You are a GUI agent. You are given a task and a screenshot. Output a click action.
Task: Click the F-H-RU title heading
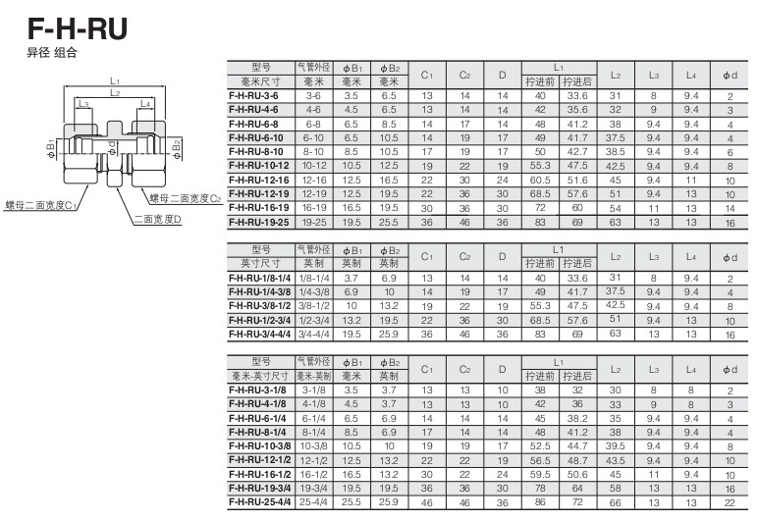click(78, 28)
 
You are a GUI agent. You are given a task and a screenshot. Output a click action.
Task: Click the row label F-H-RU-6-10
click(256, 138)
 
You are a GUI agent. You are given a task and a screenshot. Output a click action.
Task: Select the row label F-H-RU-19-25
click(259, 223)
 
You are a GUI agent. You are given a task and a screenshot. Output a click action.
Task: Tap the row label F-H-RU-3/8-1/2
click(260, 306)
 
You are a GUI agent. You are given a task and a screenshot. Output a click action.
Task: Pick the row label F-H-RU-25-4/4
click(260, 502)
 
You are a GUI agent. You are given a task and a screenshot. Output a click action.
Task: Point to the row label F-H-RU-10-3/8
click(260, 446)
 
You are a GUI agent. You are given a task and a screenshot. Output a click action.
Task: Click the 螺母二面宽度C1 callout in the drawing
click(40, 205)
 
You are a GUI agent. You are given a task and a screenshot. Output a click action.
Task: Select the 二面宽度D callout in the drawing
click(157, 220)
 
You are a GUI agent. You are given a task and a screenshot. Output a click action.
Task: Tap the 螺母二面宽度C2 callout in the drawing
click(186, 198)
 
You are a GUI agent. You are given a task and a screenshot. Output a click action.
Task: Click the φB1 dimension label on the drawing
click(51, 149)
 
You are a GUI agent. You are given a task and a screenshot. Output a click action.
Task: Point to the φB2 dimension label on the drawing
click(177, 149)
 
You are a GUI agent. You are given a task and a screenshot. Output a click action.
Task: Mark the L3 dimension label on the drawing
click(84, 104)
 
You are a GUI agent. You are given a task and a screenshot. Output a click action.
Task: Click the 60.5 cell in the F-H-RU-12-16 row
click(540, 180)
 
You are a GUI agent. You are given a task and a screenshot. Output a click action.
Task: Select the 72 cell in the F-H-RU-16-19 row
click(540, 208)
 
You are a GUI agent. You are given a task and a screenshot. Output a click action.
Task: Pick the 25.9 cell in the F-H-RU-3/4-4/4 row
click(389, 334)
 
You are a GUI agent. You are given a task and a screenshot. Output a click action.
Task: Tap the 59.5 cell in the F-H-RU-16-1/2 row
click(540, 474)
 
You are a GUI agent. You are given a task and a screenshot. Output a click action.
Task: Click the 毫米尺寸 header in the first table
click(261, 81)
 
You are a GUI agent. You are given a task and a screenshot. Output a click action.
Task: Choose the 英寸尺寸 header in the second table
click(261, 263)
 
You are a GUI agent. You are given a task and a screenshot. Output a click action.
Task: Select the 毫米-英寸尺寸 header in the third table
click(261, 376)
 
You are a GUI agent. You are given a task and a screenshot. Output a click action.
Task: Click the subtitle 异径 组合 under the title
click(52, 53)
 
